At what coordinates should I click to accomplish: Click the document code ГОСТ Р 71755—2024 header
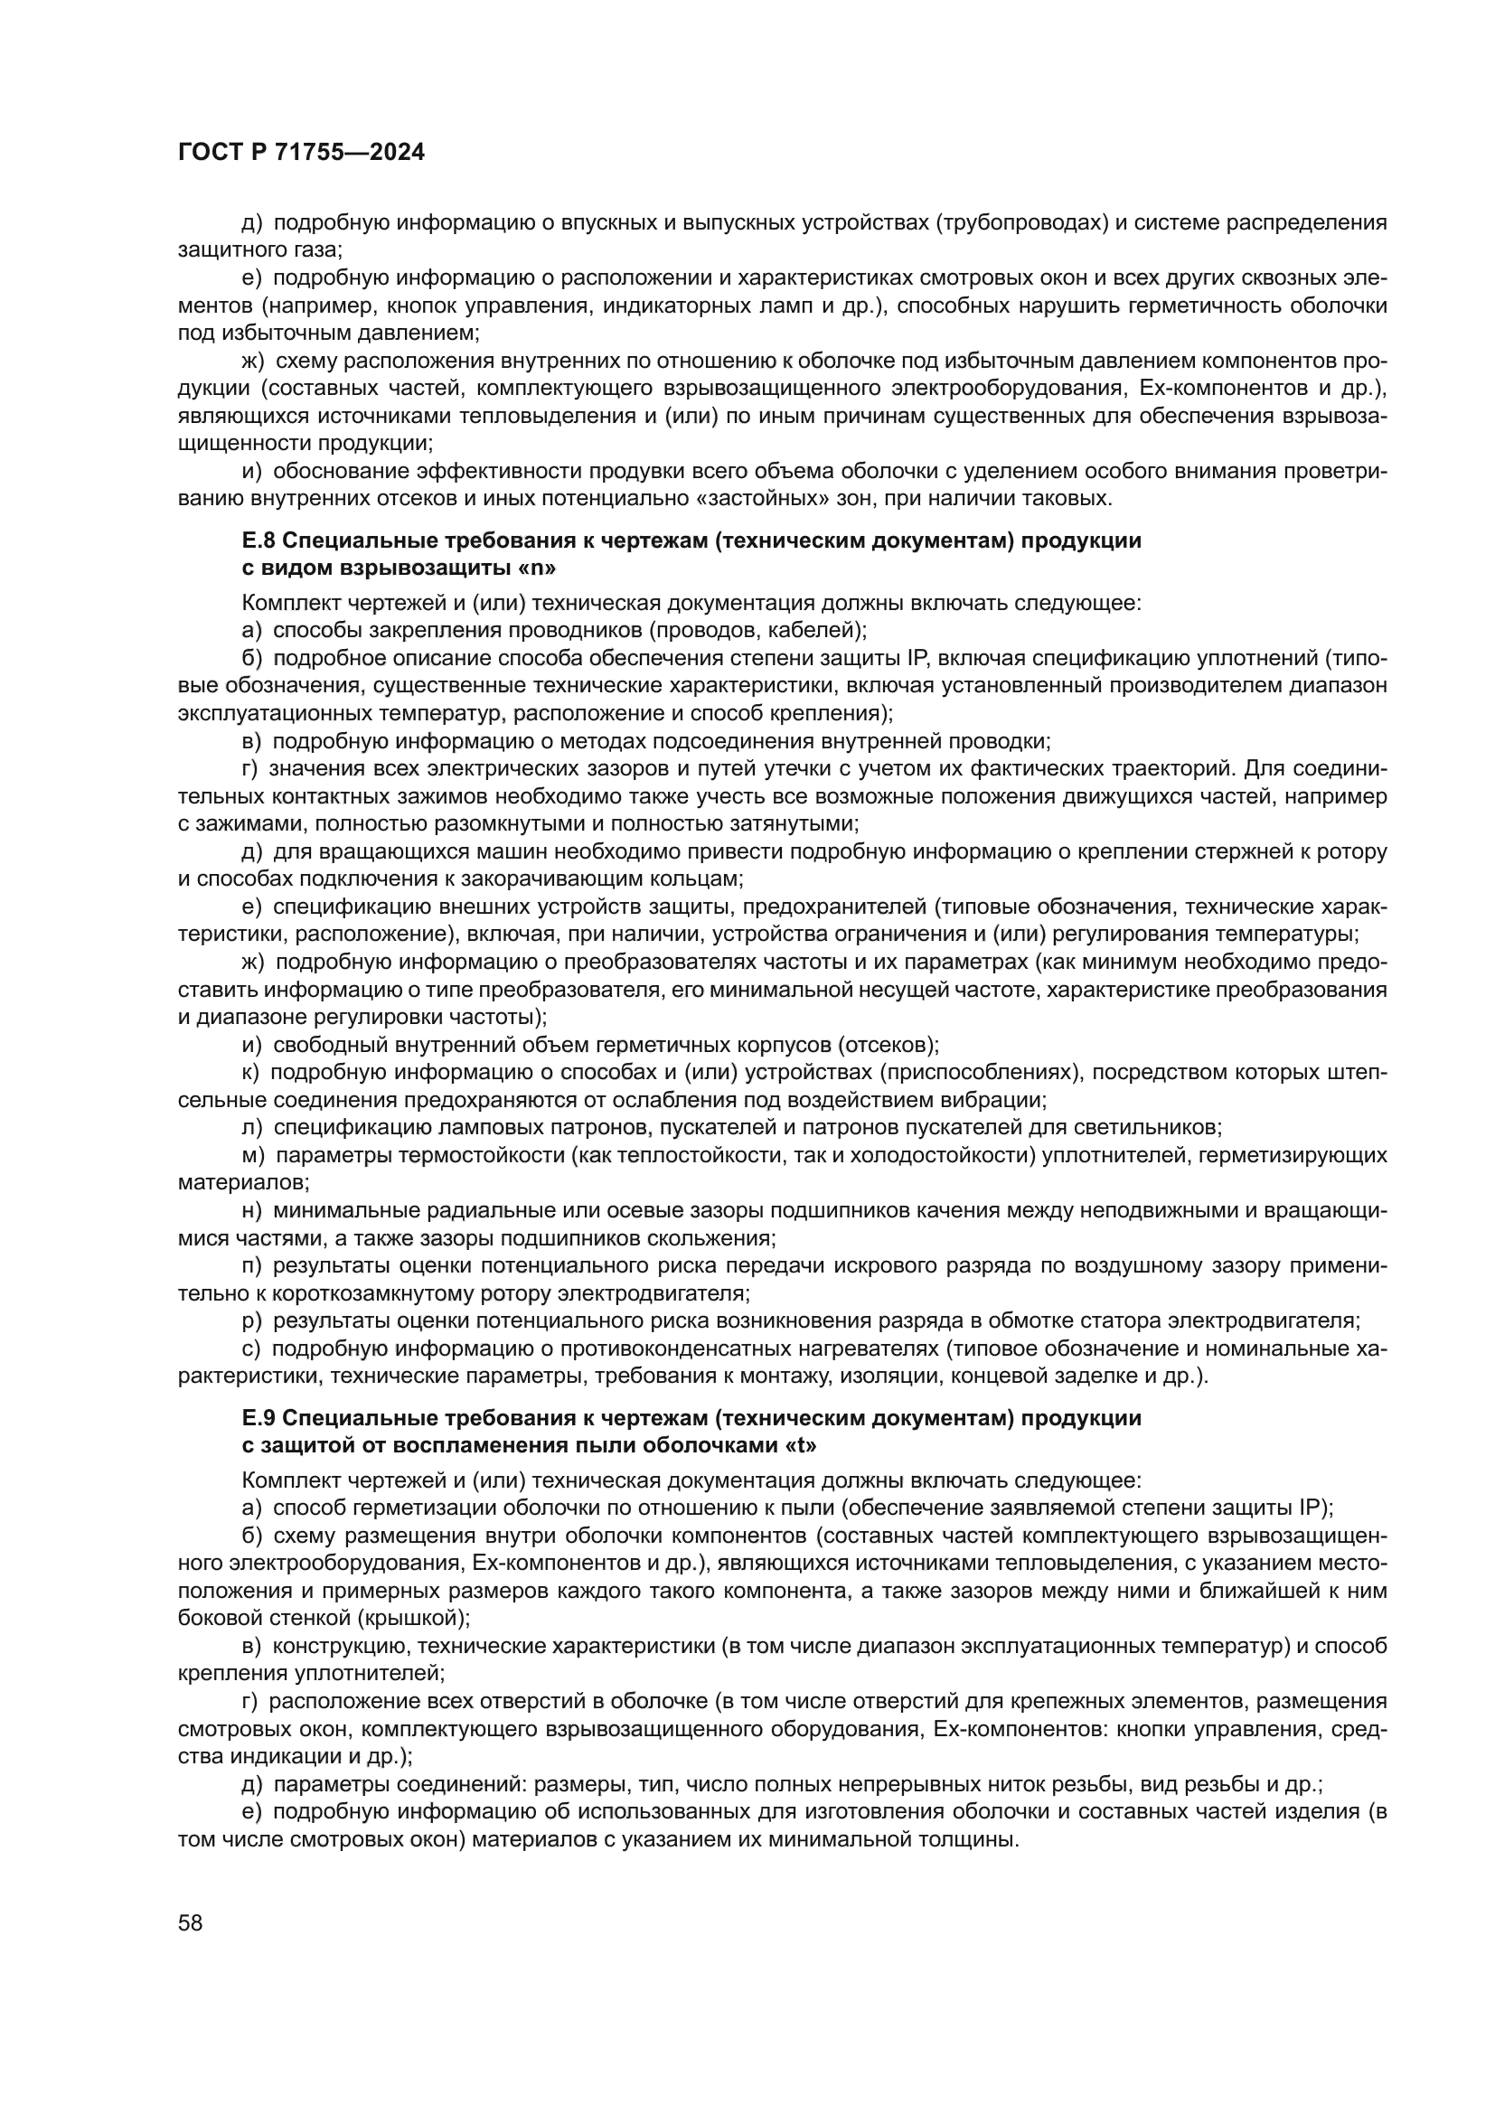(x=301, y=153)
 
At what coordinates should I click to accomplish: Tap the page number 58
(x=191, y=1922)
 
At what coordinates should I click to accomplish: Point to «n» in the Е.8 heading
(x=539, y=568)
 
